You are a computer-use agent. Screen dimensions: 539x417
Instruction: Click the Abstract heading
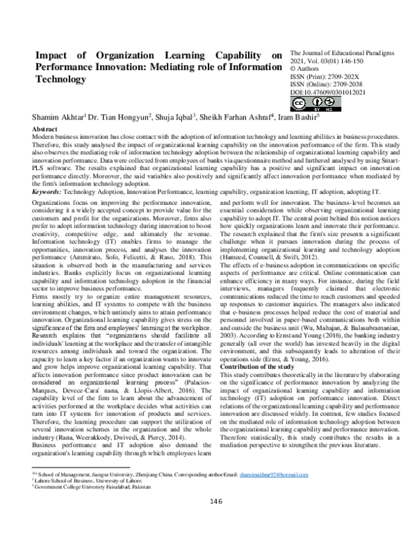(x=45, y=130)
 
